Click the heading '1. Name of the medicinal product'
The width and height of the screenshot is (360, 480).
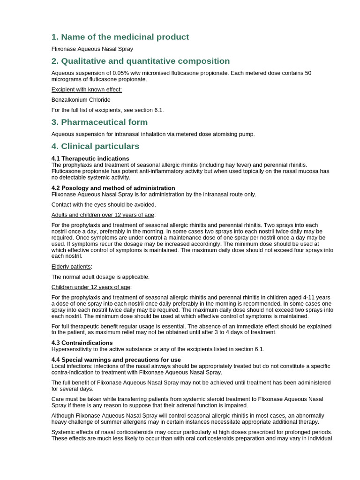click(120, 37)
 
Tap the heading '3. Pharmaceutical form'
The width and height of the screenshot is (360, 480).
click(99, 122)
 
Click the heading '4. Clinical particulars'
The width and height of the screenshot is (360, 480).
click(95, 146)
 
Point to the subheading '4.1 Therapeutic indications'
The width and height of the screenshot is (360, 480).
click(90, 158)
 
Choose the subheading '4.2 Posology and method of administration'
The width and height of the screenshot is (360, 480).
click(113, 188)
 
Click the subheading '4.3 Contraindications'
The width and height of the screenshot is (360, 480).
click(82, 343)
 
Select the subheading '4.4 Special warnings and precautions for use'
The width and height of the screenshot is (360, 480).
click(116, 360)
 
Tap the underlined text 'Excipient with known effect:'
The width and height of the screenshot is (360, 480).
click(86, 90)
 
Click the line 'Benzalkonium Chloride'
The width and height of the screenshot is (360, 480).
click(81, 100)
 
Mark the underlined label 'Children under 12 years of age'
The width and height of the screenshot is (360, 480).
click(91, 287)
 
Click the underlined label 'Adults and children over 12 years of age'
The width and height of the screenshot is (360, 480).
click(103, 215)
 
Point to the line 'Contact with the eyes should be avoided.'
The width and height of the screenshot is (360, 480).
click(104, 204)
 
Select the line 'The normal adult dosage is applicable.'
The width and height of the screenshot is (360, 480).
click(100, 277)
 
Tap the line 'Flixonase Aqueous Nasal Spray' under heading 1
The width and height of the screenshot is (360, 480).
click(92, 49)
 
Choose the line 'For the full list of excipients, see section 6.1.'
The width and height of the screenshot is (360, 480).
click(107, 110)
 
